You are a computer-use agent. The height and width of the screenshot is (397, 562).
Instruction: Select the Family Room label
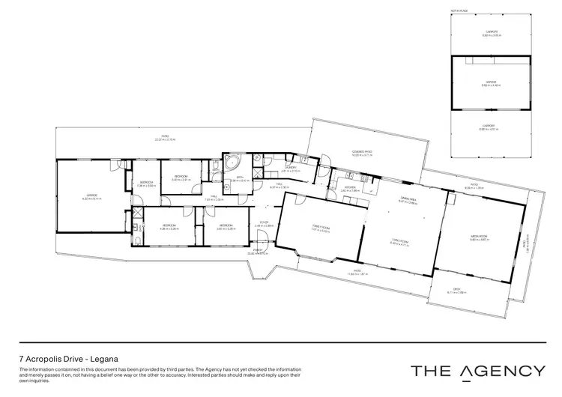(321, 228)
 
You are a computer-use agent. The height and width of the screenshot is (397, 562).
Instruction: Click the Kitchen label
(350, 188)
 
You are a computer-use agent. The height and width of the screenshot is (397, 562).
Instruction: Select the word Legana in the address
(104, 359)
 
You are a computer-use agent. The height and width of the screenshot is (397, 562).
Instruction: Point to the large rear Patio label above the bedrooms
(165, 137)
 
